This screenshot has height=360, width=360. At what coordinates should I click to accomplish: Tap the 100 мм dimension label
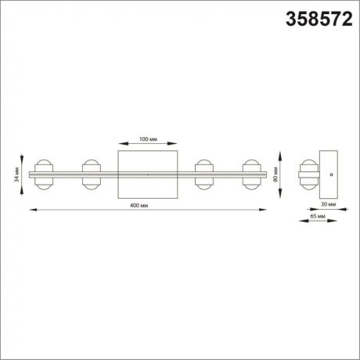(x=148, y=139)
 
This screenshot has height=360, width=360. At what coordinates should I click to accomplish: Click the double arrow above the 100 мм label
(x=148, y=144)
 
